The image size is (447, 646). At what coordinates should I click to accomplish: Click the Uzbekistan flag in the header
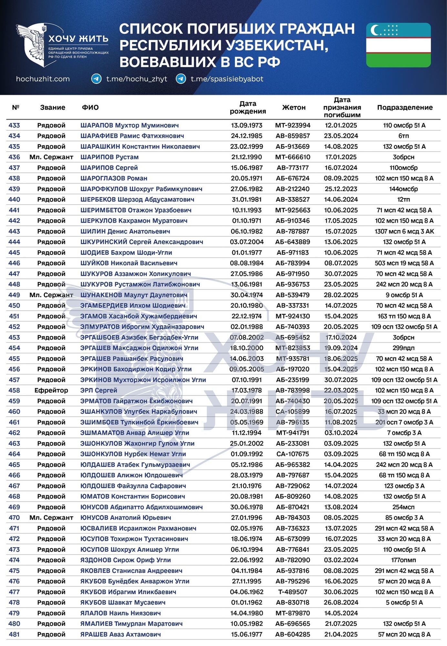point(398,45)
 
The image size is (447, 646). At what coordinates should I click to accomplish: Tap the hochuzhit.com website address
point(43,79)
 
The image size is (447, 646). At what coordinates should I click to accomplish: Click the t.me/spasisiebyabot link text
point(227,79)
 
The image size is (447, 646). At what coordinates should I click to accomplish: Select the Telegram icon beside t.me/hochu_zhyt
point(96,79)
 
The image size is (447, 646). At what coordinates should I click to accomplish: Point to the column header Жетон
point(294,108)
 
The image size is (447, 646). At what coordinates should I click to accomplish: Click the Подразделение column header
point(405,108)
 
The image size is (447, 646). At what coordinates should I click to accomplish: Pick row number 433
point(14,125)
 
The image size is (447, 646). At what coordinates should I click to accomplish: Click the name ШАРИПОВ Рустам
point(109,157)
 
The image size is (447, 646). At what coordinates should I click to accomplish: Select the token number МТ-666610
point(293,157)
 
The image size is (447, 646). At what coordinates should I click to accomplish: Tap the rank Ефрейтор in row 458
point(51,391)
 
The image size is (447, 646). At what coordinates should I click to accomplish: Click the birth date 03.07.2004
point(247,242)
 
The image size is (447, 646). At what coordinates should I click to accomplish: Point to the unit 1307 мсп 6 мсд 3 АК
point(404,231)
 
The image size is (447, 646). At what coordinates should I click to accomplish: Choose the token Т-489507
point(293,592)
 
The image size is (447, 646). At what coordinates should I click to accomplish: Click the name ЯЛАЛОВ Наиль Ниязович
point(120,613)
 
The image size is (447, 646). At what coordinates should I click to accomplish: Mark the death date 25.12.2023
point(341,189)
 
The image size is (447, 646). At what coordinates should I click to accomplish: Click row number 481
point(14,634)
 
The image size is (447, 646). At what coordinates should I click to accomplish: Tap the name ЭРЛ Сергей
point(99,391)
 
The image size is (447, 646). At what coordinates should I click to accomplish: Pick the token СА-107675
point(293,454)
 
